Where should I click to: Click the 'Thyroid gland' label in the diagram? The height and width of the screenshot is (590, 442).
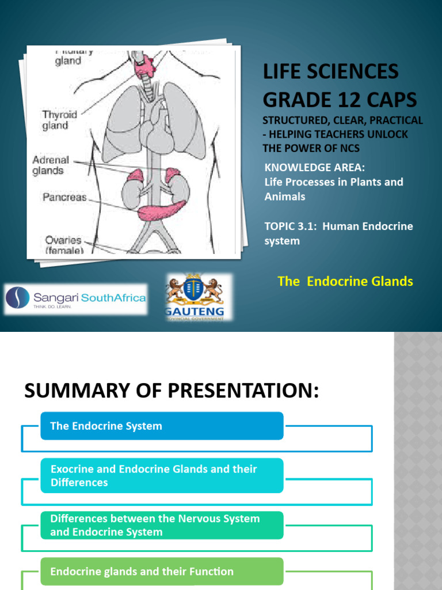tap(59, 120)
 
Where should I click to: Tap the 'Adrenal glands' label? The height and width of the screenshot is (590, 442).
tap(51, 165)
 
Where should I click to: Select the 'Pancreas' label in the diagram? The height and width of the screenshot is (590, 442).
tap(64, 197)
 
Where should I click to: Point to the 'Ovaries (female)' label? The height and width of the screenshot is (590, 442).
tap(63, 245)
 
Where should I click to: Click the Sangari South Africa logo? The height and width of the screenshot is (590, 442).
tap(75, 299)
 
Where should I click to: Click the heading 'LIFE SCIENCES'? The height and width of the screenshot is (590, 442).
tap(330, 72)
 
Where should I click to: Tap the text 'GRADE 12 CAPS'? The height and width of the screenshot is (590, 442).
tap(340, 100)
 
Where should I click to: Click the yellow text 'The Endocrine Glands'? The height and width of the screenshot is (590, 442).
tap(345, 281)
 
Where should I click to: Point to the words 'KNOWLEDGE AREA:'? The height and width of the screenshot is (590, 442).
tap(315, 168)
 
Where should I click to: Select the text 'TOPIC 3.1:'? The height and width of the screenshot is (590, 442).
tap(291, 226)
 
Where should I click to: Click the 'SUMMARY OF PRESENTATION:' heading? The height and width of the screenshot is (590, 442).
tap(171, 391)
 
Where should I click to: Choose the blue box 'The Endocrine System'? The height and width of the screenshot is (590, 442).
tap(162, 426)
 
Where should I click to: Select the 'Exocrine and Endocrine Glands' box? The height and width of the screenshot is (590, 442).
tap(162, 475)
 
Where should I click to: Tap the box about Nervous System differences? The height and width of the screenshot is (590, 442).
tap(162, 525)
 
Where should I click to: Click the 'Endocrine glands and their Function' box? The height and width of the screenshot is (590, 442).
tap(162, 572)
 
